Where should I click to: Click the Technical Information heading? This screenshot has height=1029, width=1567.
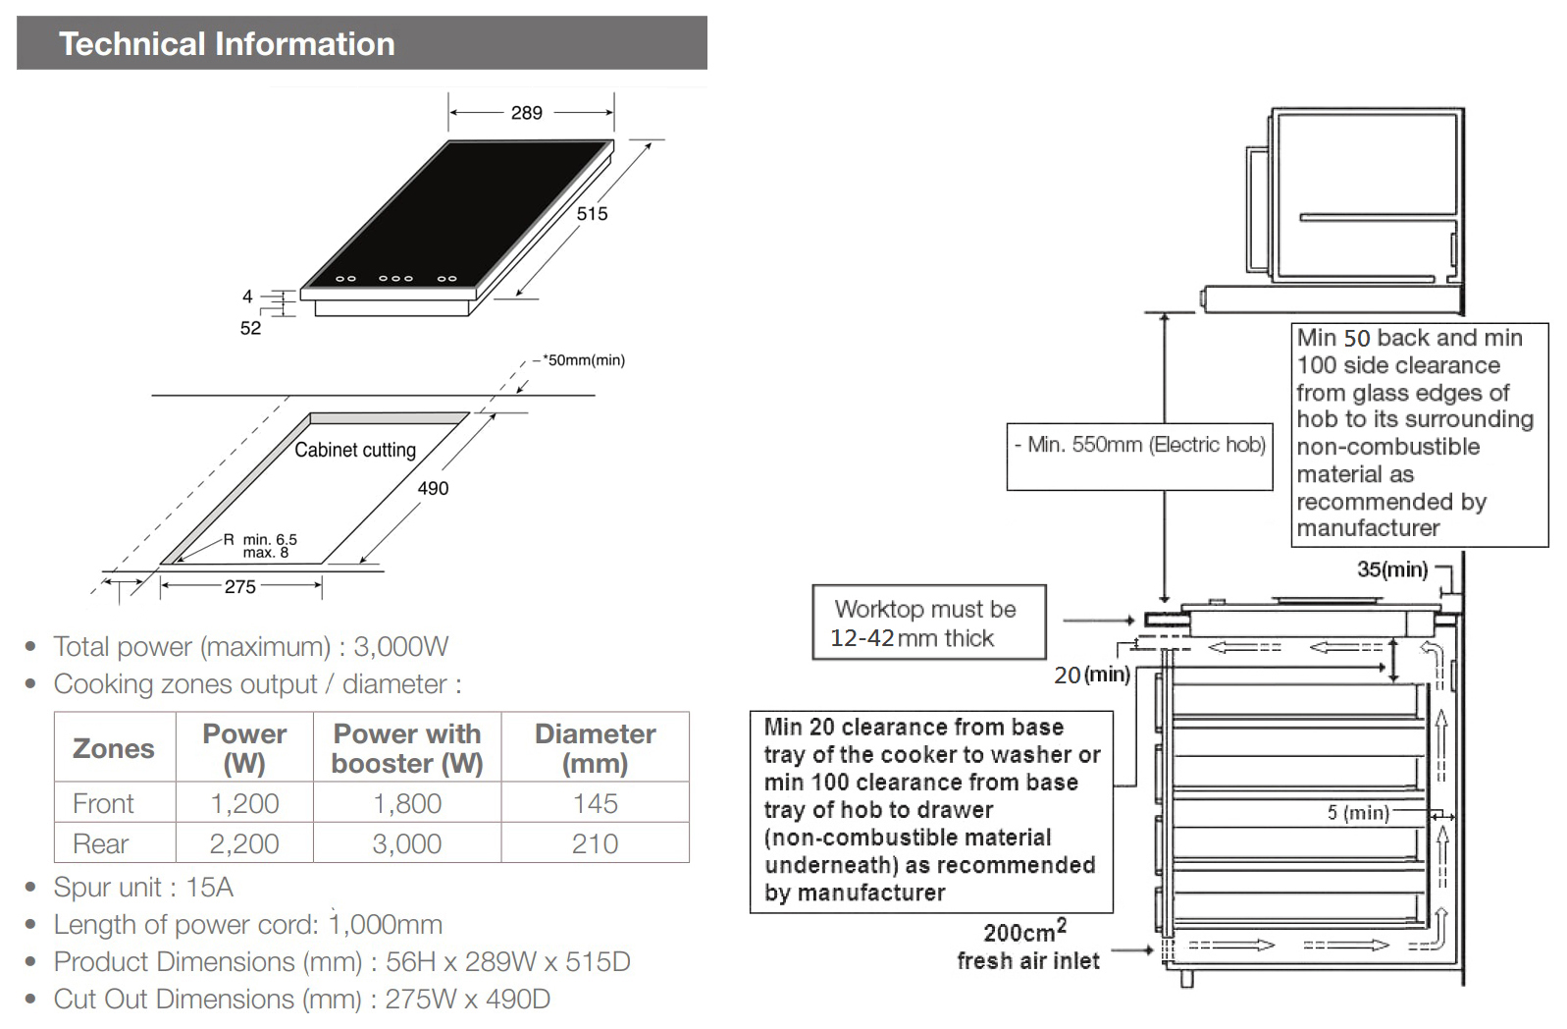(227, 44)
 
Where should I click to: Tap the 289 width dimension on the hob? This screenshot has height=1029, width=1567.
(526, 113)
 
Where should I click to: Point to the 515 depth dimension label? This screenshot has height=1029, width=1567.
(592, 214)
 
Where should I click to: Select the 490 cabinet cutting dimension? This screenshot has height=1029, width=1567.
(433, 488)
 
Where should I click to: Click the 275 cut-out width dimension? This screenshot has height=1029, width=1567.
(240, 587)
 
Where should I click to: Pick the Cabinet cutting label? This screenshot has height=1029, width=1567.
(355, 450)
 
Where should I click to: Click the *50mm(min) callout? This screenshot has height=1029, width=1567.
(583, 360)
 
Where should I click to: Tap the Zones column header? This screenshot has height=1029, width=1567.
(114, 748)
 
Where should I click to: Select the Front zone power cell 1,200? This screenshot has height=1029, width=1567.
(244, 803)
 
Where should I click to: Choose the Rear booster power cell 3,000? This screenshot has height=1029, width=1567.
(406, 843)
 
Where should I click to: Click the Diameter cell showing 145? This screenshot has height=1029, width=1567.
(595, 803)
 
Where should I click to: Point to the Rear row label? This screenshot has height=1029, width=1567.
(101, 843)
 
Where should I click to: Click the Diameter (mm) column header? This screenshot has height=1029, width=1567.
(595, 748)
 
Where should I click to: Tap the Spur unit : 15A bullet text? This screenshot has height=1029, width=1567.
(143, 888)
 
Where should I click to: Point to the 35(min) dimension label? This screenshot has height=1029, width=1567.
(1392, 569)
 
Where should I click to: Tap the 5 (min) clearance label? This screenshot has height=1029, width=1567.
(1358, 813)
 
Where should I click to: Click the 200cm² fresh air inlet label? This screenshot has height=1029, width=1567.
(1027, 947)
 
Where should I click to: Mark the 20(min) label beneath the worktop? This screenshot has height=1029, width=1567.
(1091, 676)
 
